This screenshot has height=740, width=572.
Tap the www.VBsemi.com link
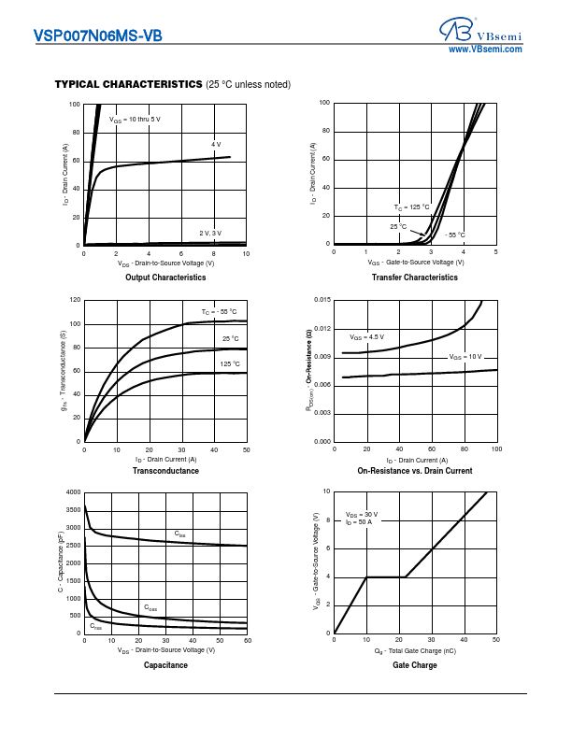click(485, 49)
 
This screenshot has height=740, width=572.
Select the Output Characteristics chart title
click(165, 277)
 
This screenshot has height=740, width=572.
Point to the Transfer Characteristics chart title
click(414, 277)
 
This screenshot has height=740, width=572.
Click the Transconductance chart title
click(165, 471)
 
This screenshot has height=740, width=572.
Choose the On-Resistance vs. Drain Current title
click(414, 471)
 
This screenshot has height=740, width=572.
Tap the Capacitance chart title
click(165, 665)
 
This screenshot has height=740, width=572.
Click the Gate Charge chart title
click(414, 665)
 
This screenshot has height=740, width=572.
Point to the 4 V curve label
click(216, 145)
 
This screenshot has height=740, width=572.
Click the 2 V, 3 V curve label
click(209, 233)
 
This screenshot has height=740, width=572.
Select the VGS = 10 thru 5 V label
click(136, 120)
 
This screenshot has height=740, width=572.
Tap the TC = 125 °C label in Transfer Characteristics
click(411, 206)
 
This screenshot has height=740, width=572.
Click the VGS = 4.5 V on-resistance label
click(367, 336)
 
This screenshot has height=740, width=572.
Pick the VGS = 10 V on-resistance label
click(465, 357)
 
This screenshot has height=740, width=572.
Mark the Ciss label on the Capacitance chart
click(180, 534)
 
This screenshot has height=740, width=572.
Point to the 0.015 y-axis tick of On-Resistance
click(322, 300)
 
